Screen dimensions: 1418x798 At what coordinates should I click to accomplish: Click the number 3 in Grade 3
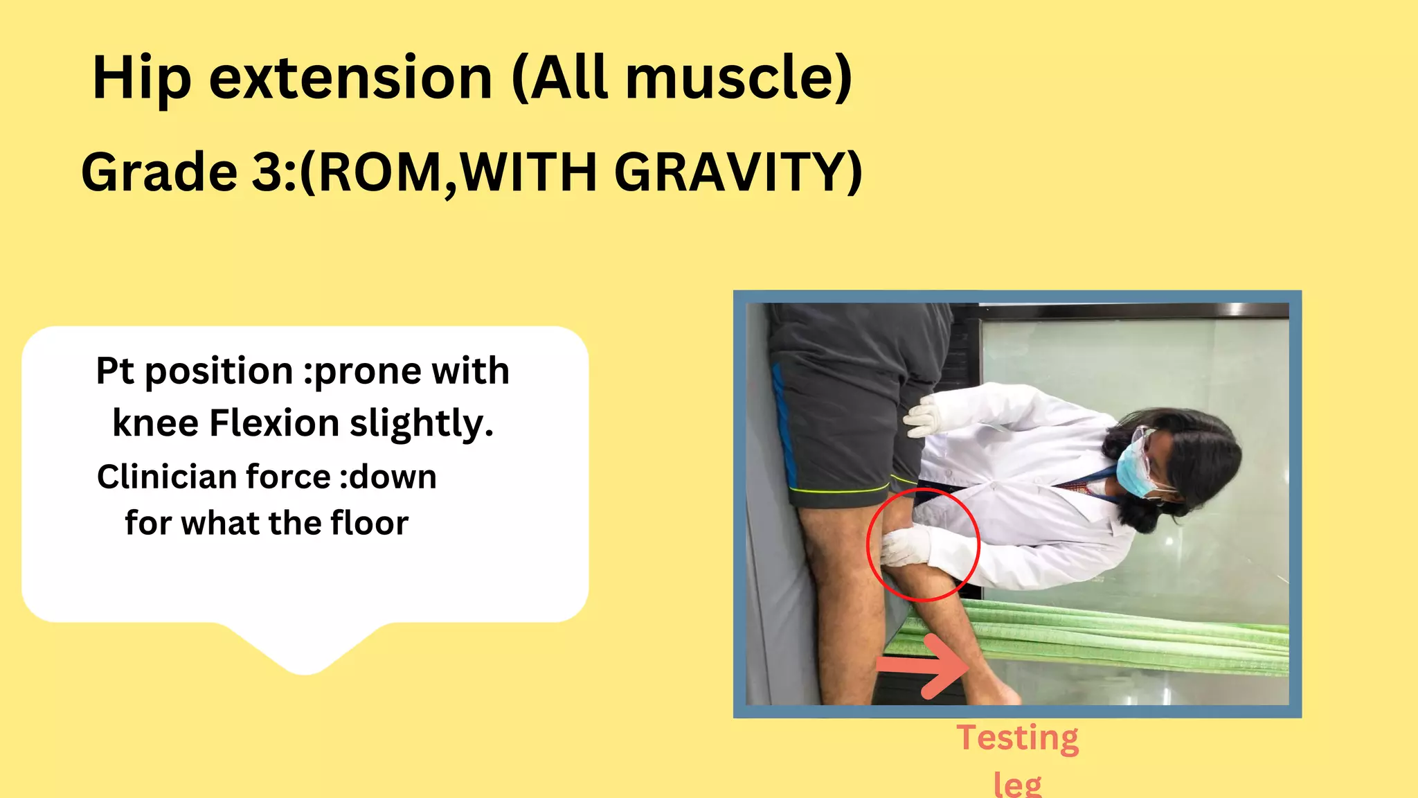click(267, 172)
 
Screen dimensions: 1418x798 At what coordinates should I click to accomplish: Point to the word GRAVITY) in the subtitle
click(738, 172)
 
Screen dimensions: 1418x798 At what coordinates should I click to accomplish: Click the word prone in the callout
click(364, 372)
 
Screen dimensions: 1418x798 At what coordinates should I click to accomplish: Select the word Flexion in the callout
click(274, 423)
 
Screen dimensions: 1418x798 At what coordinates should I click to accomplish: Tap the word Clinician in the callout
click(165, 477)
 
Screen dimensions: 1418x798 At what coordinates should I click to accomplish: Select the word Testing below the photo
click(1017, 738)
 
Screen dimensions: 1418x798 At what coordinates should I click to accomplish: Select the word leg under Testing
click(1017, 785)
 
